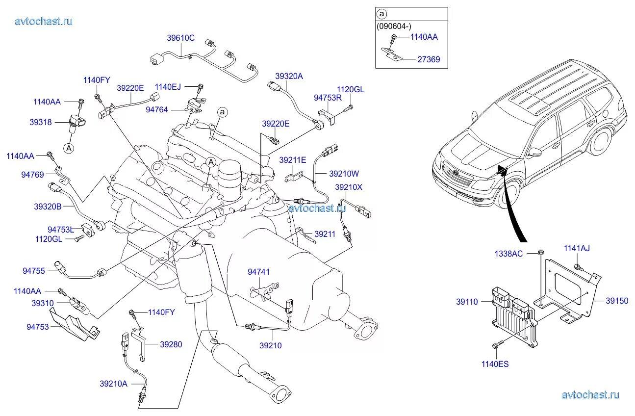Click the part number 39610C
coord(181,38)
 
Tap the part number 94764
coord(157,110)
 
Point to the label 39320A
coord(289,76)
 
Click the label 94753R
coord(328,98)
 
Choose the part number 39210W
coord(344,173)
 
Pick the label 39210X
coord(349,187)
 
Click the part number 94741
coord(258,272)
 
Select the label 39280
coord(171,344)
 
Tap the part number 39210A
coord(113,384)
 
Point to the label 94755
coord(33,270)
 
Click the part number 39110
coord(467,302)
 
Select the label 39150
coord(616,301)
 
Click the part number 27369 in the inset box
coord(429,59)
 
